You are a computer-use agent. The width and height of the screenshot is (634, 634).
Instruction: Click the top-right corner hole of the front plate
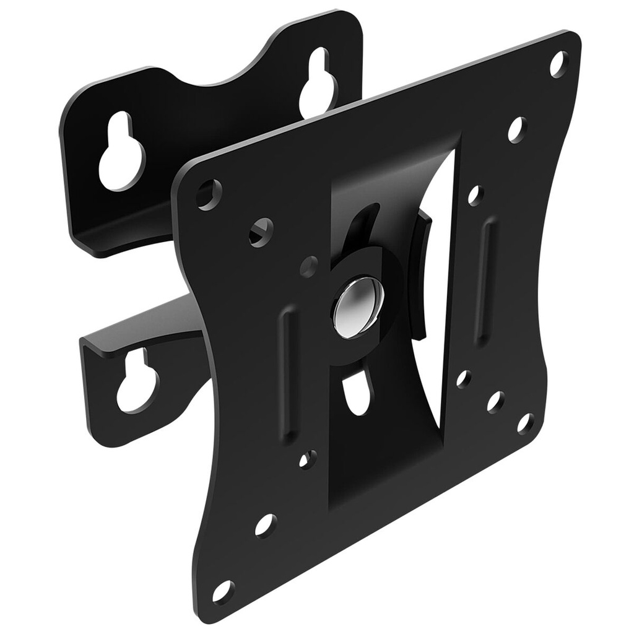(x=558, y=63)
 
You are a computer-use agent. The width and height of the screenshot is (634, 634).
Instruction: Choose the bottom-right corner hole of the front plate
(x=525, y=423)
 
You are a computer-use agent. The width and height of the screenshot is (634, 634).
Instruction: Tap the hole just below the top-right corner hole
(x=516, y=129)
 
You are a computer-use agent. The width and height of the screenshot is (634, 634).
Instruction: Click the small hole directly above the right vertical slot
(x=474, y=196)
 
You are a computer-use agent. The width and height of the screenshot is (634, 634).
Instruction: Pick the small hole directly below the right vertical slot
(x=464, y=378)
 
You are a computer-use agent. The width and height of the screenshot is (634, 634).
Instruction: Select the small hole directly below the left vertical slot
(x=306, y=459)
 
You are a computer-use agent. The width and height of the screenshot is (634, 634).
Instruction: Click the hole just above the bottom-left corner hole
(x=265, y=524)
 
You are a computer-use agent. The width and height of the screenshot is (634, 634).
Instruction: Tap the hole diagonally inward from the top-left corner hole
(x=259, y=232)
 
